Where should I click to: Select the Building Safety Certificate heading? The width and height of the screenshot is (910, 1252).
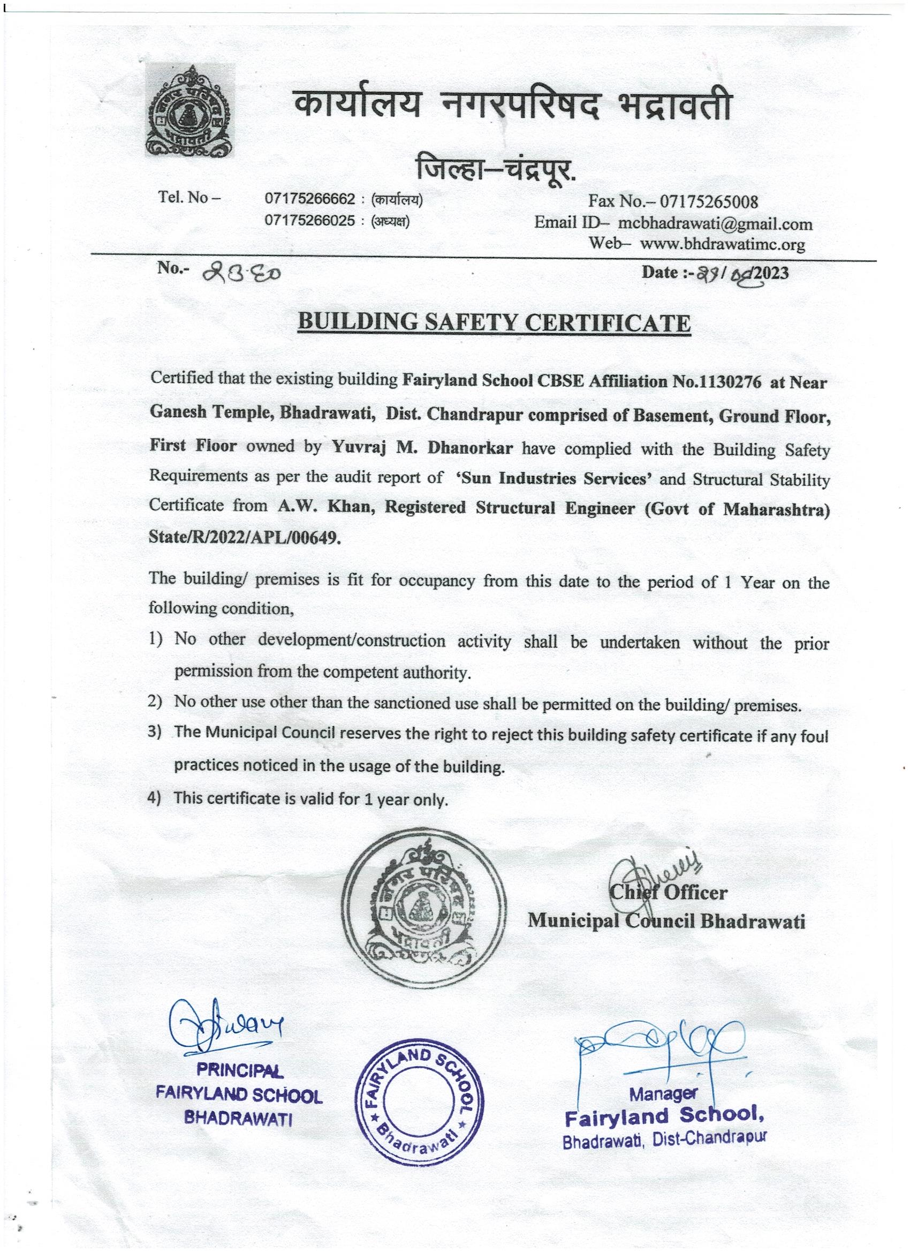[494, 323]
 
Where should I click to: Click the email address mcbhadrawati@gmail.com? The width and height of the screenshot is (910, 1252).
[715, 224]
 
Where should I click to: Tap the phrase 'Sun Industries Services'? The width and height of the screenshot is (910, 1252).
[555, 478]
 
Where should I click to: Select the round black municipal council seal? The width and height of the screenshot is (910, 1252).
[422, 918]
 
